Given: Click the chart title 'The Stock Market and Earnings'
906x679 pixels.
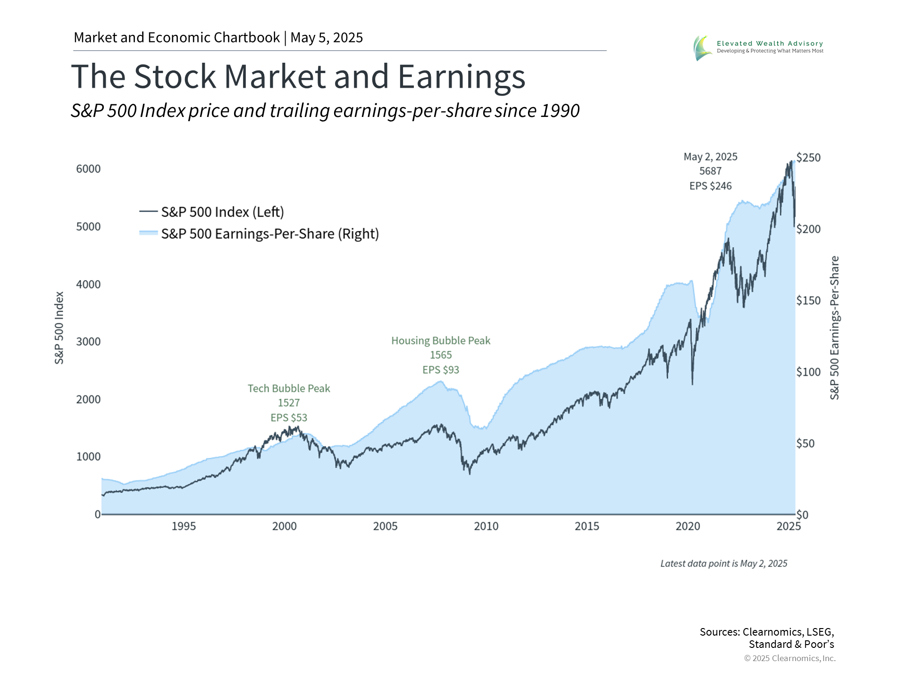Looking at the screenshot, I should (x=298, y=76).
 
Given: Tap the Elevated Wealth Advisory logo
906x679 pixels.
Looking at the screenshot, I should (x=702, y=48).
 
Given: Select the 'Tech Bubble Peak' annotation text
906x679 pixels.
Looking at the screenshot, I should (x=289, y=389).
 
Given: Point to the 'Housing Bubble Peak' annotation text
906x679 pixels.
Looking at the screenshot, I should (x=441, y=341).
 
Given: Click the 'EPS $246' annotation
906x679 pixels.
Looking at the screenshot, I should (x=710, y=186).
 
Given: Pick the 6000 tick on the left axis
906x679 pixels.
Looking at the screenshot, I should (x=88, y=169).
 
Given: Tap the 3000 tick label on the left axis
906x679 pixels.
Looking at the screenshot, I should (x=88, y=342).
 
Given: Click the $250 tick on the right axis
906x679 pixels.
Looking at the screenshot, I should (x=808, y=157).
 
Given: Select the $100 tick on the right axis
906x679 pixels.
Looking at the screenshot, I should (x=808, y=373).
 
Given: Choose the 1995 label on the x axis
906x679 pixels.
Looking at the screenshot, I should (x=184, y=526).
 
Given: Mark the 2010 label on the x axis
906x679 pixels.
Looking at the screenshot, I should (x=486, y=526).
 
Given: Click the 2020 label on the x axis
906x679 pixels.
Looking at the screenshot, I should (x=688, y=526).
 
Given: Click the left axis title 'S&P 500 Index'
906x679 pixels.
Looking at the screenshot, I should (x=59, y=328).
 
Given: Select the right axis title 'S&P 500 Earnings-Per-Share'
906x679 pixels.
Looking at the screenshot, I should (x=834, y=328).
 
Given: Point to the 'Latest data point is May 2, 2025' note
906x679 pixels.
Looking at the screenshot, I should (x=723, y=563).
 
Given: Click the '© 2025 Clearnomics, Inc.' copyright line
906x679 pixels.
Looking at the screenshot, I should (x=789, y=658).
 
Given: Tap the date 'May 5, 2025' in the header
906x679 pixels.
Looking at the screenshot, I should (x=327, y=38).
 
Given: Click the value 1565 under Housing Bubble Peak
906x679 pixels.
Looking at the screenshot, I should (x=441, y=355).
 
